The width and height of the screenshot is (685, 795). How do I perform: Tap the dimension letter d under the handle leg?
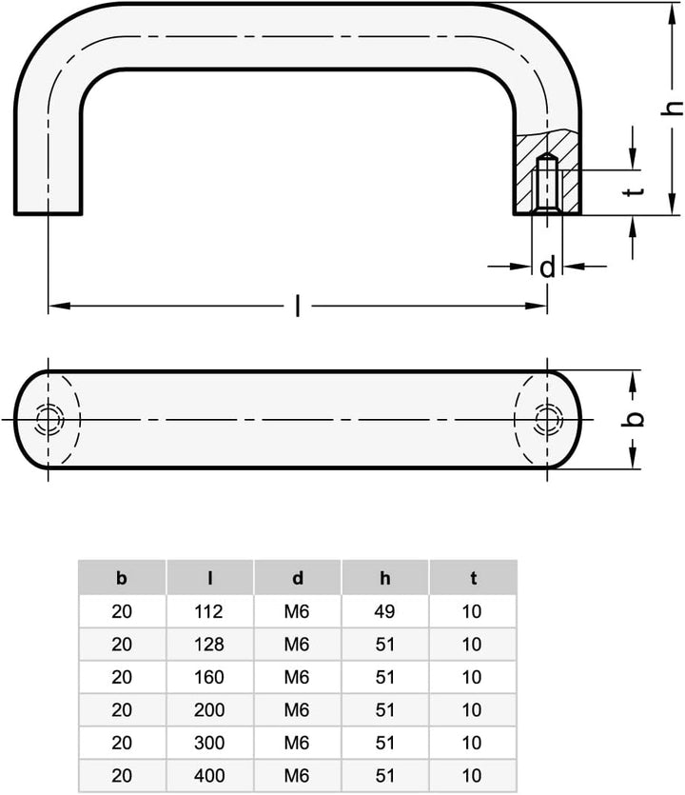coord(547,268)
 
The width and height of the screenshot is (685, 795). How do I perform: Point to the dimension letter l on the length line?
coord(298,306)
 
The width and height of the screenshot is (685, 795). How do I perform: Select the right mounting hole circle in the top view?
coord(547,419)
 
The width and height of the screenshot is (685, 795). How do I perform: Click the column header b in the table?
coord(121,578)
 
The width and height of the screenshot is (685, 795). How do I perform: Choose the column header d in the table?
coord(298,578)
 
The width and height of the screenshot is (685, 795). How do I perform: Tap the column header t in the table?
coord(473,578)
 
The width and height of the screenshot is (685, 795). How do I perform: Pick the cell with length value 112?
coord(209,611)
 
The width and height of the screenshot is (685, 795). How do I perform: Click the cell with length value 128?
coord(209,644)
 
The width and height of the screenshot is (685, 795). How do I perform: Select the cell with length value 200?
coord(209,709)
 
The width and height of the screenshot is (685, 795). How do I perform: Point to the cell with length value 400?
coord(209,775)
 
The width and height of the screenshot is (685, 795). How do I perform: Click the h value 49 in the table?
coord(385,611)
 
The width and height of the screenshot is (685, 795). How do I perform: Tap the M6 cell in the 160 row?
coord(298,677)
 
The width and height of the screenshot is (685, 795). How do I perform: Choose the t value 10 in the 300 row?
coord(473,743)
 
